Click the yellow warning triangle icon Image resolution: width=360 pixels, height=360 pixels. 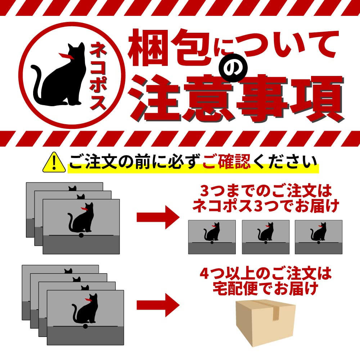(54, 163)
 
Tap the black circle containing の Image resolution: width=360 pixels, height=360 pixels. (233, 68)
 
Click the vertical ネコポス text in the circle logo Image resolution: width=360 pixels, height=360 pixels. (98, 76)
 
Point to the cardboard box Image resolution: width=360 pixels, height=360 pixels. (266, 323)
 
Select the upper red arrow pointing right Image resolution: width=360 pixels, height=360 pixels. (158, 217)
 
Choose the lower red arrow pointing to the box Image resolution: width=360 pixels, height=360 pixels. (158, 305)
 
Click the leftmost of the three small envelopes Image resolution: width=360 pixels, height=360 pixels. (212, 237)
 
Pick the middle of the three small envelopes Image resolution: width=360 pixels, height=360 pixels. (266, 237)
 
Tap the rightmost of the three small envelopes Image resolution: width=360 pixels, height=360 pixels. (319, 237)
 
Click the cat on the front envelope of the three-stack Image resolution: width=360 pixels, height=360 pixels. (81, 218)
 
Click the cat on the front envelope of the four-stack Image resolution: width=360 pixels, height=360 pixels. (85, 309)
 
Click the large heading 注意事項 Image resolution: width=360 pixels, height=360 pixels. (237, 99)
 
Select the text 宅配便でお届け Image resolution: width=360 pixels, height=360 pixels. (266, 288)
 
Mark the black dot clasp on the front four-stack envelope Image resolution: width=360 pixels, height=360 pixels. (85, 326)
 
